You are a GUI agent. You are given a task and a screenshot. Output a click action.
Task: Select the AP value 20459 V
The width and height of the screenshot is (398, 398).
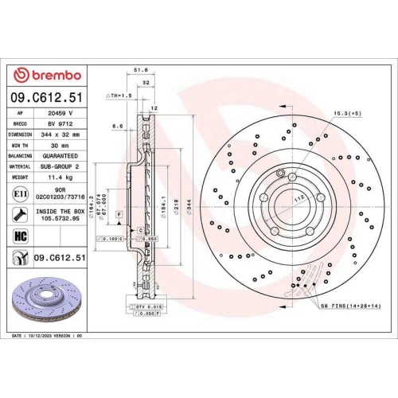(60, 113)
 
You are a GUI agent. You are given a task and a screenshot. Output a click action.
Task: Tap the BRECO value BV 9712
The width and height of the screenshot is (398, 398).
(60, 124)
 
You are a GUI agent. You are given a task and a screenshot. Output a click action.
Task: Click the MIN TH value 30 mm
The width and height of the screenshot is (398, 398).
(60, 146)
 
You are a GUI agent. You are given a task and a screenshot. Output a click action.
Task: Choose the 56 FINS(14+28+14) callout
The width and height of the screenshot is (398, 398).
(350, 306)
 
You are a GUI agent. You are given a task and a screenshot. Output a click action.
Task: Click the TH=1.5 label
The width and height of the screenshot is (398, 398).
(121, 95)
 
